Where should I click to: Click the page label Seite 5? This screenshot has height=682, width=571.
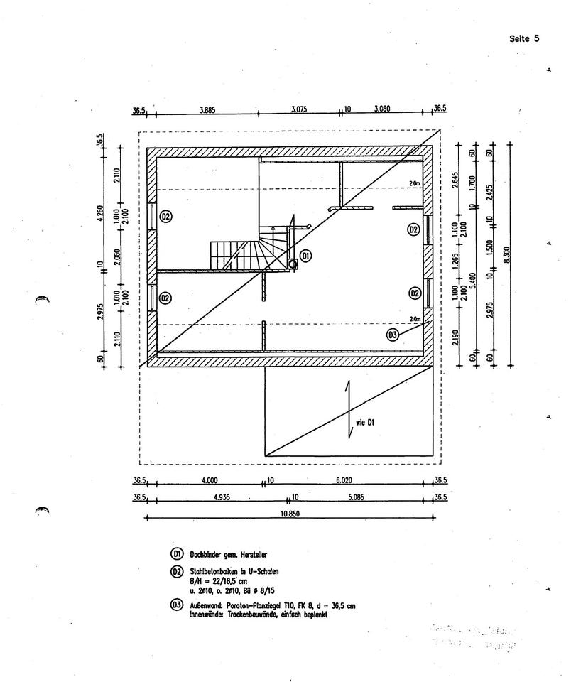pyautogui.click(x=524, y=38)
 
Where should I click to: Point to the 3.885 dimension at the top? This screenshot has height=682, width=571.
pyautogui.click(x=207, y=109)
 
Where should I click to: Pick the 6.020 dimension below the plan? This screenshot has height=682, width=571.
pyautogui.click(x=344, y=480)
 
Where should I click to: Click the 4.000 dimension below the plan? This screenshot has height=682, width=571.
pyautogui.click(x=210, y=480)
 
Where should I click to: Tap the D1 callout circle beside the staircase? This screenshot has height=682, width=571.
pyautogui.click(x=305, y=254)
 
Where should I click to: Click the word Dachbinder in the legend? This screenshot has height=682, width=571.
pyautogui.click(x=207, y=554)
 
